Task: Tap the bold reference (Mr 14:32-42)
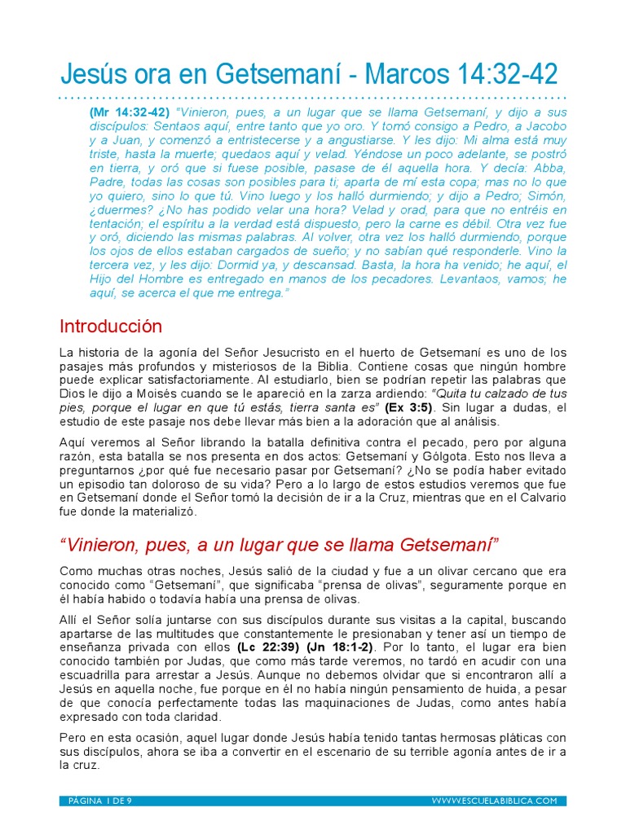[x=130, y=112]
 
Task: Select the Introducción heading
[x=111, y=327]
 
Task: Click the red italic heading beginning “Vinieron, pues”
[x=279, y=543]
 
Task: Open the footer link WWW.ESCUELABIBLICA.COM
[x=495, y=801]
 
